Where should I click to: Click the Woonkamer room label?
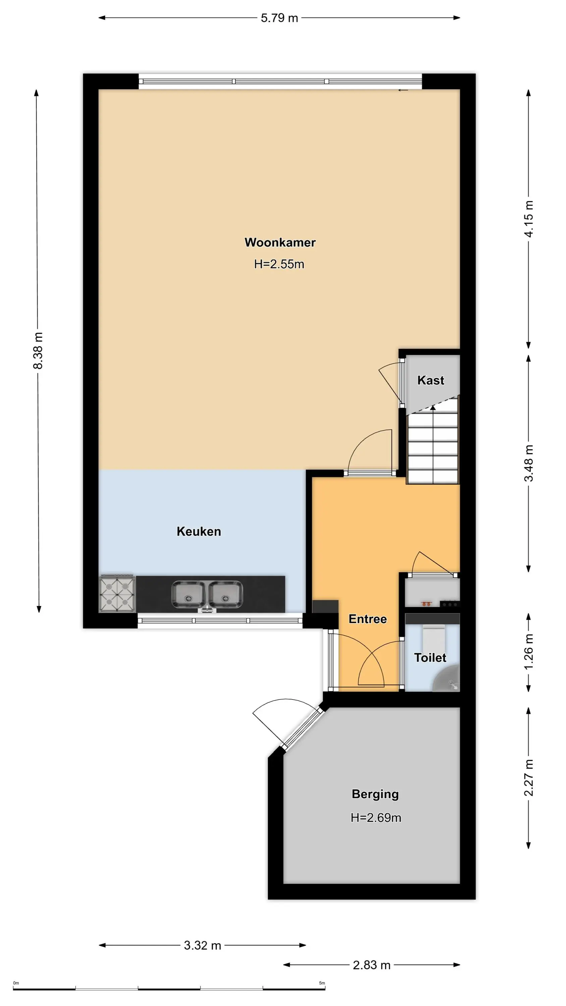(x=280, y=242)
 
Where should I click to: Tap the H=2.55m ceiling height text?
(x=279, y=264)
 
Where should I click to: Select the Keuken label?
(x=199, y=531)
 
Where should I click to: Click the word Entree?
(x=367, y=619)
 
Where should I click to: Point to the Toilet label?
(x=430, y=657)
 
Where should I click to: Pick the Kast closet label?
(x=431, y=380)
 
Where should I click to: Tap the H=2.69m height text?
(x=376, y=818)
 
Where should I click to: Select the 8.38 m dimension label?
(x=38, y=350)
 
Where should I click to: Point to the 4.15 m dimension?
(x=528, y=219)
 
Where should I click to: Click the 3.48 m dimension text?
(x=528, y=463)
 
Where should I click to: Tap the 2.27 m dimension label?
(x=528, y=778)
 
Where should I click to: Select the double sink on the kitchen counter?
(x=207, y=595)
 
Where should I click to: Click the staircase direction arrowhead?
(x=433, y=408)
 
